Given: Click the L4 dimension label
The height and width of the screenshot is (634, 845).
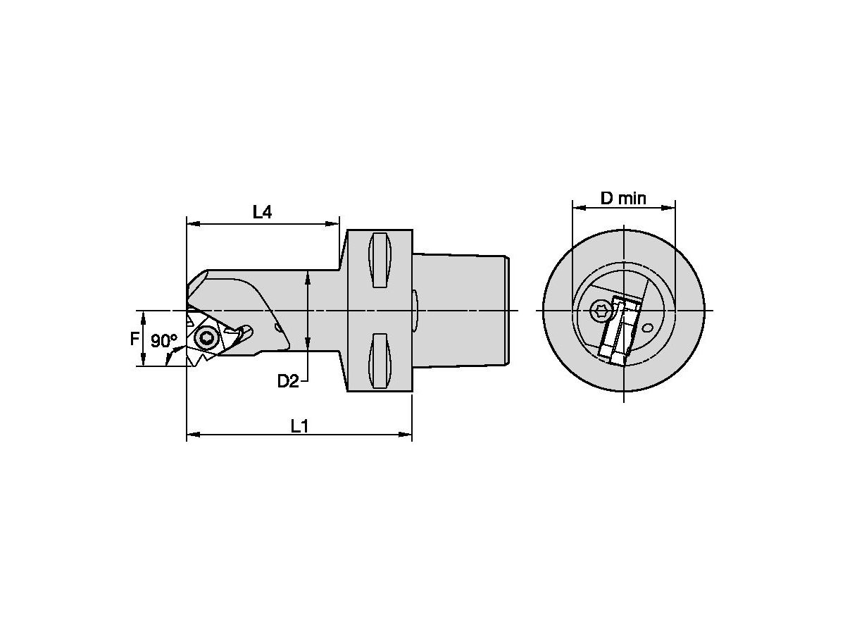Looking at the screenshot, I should pyautogui.click(x=262, y=212).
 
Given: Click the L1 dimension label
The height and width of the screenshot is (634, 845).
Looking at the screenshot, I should pyautogui.click(x=300, y=425).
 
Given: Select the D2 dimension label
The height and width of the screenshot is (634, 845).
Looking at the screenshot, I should pyautogui.click(x=287, y=381).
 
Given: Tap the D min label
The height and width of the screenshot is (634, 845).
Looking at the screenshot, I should pyautogui.click(x=623, y=198).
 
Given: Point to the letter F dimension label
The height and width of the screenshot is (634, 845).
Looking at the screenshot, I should pyautogui.click(x=134, y=340).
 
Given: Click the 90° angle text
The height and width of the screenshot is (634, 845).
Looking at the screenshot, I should pyautogui.click(x=163, y=341).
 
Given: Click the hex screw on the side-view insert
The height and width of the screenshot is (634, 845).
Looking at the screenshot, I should pyautogui.click(x=206, y=339).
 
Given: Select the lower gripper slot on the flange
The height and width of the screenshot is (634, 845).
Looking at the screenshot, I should pyautogui.click(x=379, y=360).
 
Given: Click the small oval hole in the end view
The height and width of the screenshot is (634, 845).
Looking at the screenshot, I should pyautogui.click(x=647, y=327).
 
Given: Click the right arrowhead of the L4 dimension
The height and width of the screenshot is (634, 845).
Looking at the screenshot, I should pyautogui.click(x=335, y=224).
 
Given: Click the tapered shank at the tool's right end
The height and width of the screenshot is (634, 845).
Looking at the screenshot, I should pyautogui.click(x=461, y=310).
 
